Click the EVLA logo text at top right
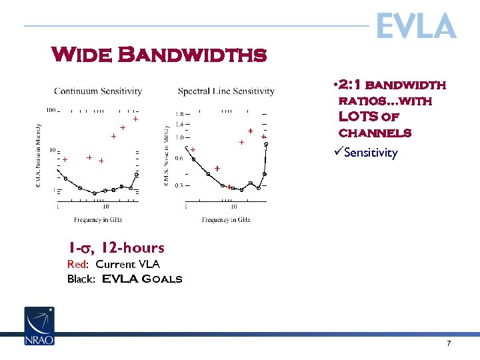[416, 27]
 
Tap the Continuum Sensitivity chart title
[98, 91]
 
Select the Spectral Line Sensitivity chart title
[226, 91]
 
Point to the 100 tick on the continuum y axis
[51, 111]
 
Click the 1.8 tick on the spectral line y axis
[179, 114]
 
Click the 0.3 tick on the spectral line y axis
[179, 185]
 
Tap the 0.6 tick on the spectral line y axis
[179, 159]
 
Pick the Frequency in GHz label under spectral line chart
[226, 219]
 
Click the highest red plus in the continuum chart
[135, 119]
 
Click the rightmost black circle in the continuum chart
[137, 174]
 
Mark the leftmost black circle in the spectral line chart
[194, 159]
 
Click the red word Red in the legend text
[75, 264]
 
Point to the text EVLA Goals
[142, 279]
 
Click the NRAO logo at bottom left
[39, 326]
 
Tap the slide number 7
[449, 343]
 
